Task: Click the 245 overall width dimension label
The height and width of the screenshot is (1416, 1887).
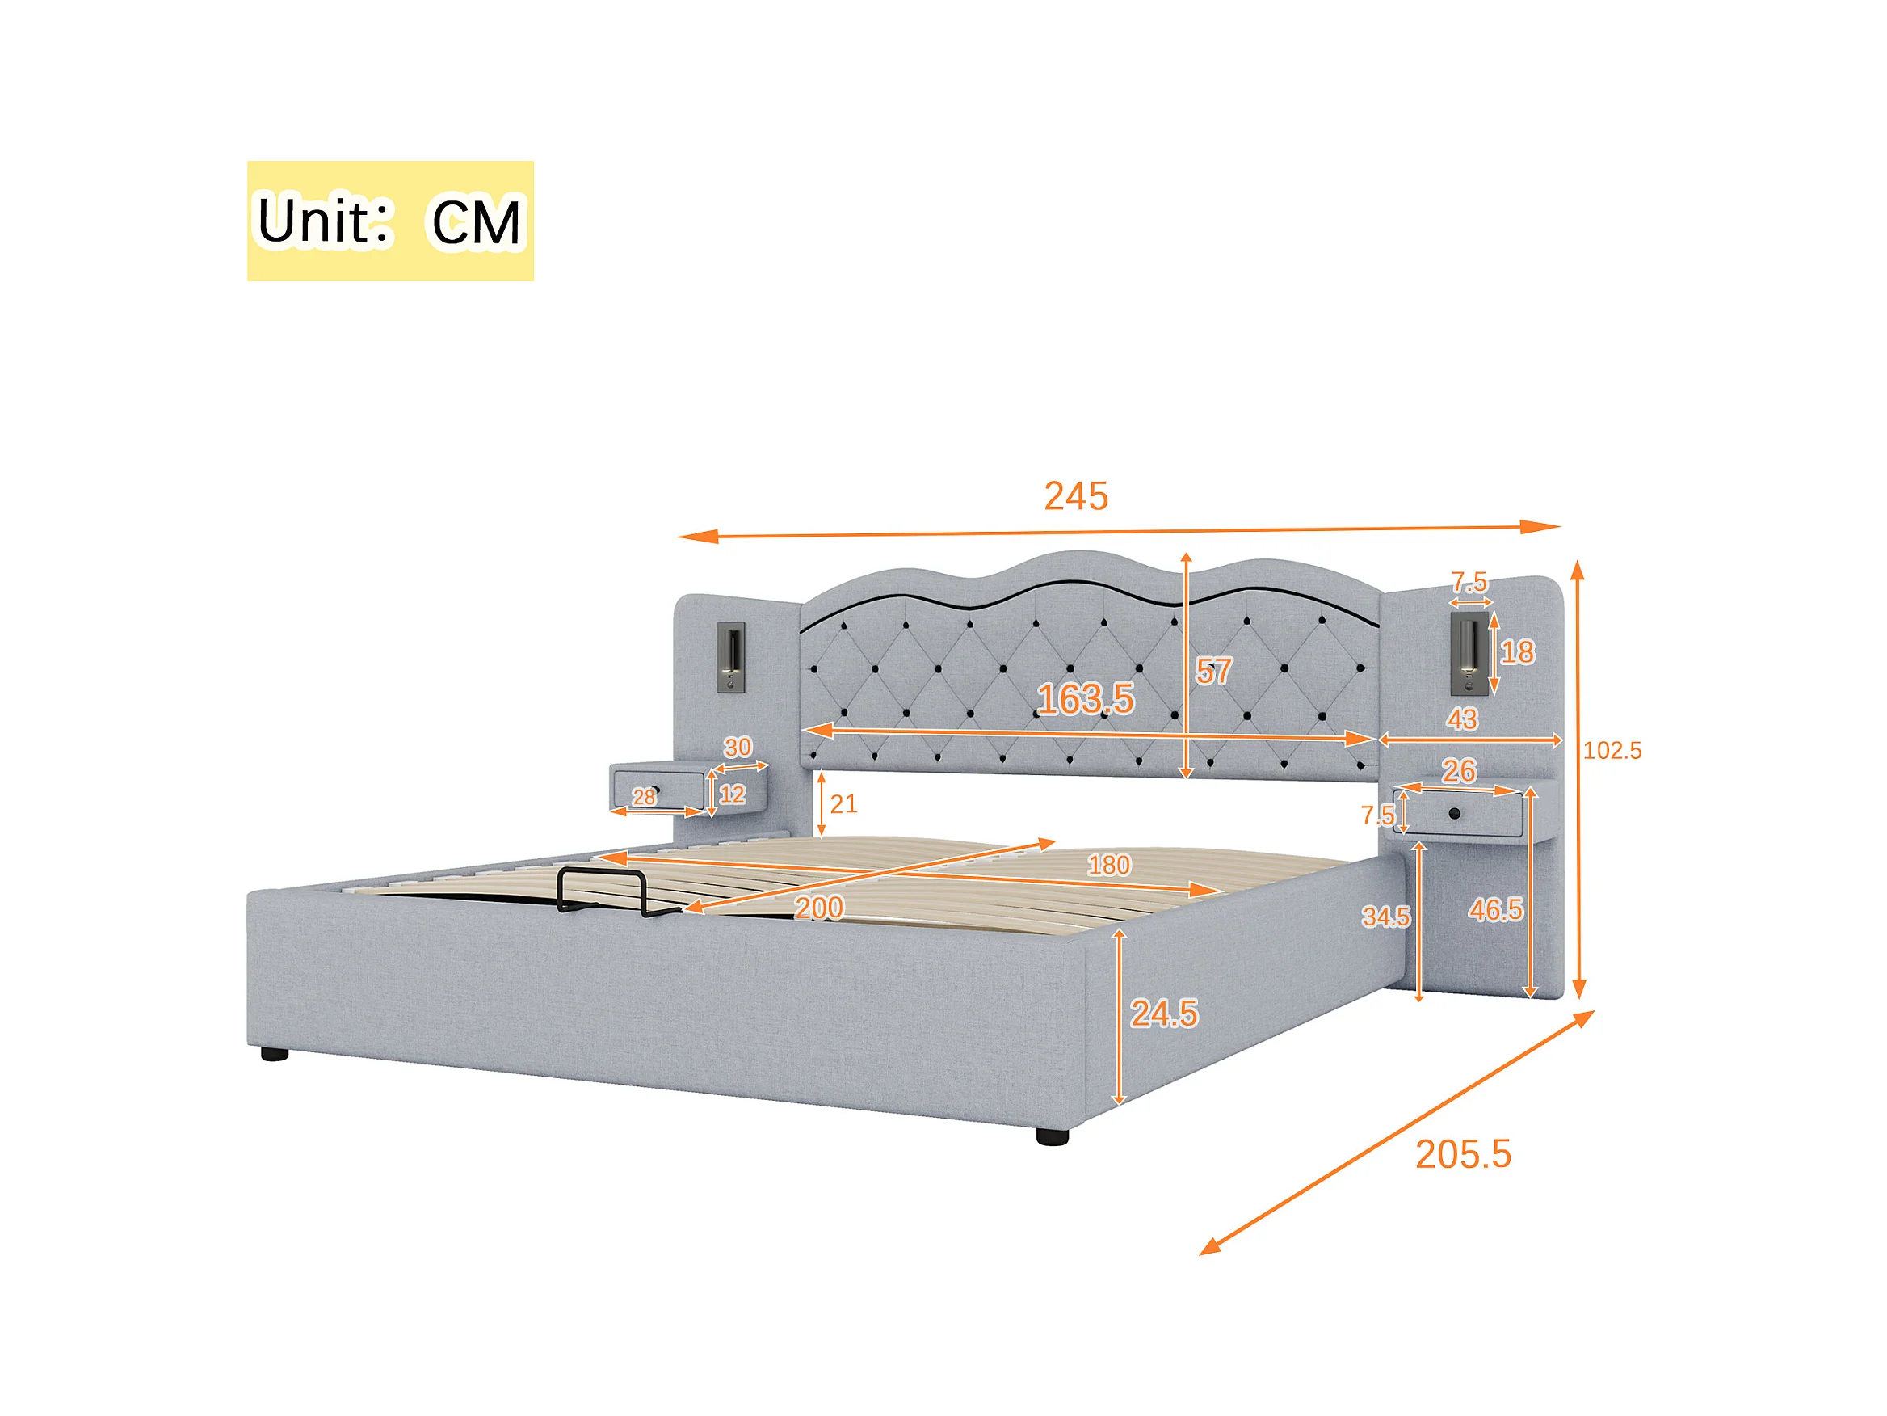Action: click(x=1076, y=497)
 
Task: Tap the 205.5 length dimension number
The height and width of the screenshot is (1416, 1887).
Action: click(x=1463, y=1155)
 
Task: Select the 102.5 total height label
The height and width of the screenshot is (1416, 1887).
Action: click(x=1612, y=751)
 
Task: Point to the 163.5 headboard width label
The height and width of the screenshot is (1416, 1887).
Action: click(x=1085, y=700)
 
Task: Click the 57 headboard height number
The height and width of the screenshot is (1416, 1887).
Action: click(x=1213, y=672)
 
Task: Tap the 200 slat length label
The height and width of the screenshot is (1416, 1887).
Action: click(x=819, y=908)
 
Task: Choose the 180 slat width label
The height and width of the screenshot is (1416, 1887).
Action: click(x=1108, y=866)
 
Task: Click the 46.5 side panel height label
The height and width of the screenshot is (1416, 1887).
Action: click(x=1494, y=911)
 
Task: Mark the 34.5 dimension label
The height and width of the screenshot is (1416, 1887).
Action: click(x=1385, y=917)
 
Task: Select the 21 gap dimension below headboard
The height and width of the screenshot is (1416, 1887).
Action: click(x=843, y=804)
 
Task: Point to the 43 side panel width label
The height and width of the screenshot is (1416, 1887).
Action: click(x=1461, y=719)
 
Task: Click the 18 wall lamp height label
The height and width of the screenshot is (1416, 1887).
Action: click(x=1517, y=653)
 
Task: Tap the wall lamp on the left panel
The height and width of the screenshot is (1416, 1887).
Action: click(x=731, y=657)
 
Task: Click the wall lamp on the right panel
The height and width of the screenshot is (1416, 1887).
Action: click(x=1469, y=653)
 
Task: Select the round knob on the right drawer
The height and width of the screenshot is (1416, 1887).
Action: click(x=1455, y=813)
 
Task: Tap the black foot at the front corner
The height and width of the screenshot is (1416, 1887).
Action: click(x=1052, y=1137)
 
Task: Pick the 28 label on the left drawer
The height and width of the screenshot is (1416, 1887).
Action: click(x=644, y=797)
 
